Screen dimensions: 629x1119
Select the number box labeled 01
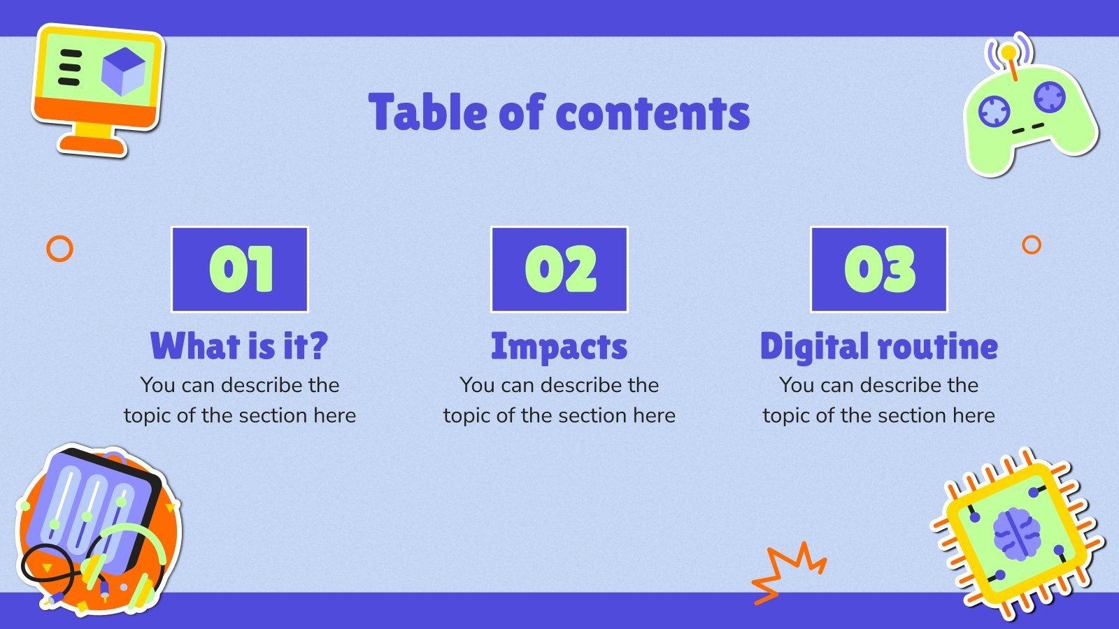point(240,269)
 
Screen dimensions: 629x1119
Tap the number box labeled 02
point(559,269)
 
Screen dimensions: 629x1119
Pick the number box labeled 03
point(879,269)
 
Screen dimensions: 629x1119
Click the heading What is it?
point(239,346)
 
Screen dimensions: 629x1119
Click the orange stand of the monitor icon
point(94,140)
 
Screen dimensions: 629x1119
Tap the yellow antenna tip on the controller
point(1008,52)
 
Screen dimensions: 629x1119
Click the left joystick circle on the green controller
point(994,110)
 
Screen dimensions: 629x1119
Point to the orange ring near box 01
point(59,248)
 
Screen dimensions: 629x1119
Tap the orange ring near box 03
point(1031,245)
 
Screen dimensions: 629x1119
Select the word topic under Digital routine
point(786,417)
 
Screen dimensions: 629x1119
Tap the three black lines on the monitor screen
point(69,67)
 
